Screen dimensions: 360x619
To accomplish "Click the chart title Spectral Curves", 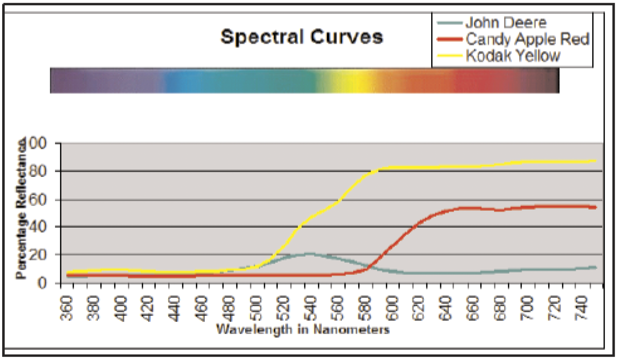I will coord(302,37).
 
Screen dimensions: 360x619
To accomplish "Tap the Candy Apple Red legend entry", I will coord(527,39).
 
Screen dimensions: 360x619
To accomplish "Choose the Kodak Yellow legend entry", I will coord(513,56).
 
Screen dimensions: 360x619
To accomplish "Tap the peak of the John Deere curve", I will coord(308,254).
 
